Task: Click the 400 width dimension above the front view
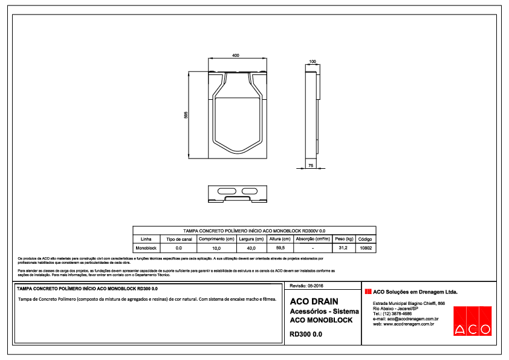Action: tap(235, 55)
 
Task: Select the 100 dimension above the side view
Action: tap(313, 62)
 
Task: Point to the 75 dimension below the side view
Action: tap(311, 165)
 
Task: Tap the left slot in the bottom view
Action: tap(225, 192)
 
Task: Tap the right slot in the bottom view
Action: tap(247, 192)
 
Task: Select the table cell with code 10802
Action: tap(366, 248)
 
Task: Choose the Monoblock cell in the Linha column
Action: tap(146, 248)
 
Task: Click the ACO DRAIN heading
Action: tap(314, 301)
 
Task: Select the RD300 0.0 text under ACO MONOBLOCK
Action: tap(305, 333)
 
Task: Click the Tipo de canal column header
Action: tap(178, 239)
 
